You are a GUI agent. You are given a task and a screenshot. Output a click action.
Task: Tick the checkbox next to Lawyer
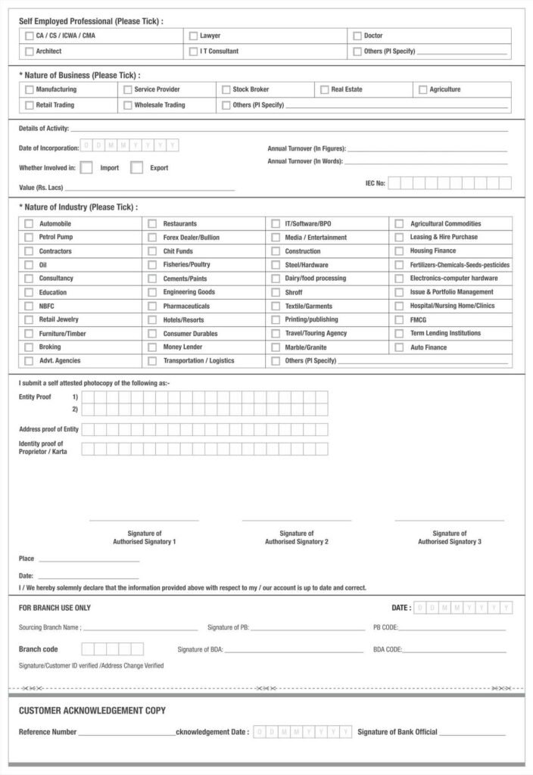(x=193, y=36)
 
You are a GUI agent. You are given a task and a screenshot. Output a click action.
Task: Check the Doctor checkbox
(x=357, y=36)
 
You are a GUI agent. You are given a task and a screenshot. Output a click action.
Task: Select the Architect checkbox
(x=29, y=51)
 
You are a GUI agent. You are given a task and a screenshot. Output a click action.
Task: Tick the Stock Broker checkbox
(x=226, y=89)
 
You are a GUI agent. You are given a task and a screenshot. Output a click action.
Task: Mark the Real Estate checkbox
(x=324, y=89)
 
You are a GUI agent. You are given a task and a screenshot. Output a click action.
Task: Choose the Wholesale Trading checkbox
(x=127, y=105)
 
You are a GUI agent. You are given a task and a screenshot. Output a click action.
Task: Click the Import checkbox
(x=86, y=168)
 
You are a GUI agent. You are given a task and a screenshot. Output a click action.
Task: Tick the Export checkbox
(x=136, y=168)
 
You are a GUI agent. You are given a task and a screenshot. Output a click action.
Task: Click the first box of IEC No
(x=394, y=183)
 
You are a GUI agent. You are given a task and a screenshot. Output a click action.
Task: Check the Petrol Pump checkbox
(x=29, y=238)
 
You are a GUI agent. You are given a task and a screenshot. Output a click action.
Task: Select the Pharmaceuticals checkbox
(x=152, y=307)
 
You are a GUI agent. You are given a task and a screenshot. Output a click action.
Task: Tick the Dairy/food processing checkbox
(x=275, y=279)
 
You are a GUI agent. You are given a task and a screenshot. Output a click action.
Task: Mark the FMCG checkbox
(x=399, y=320)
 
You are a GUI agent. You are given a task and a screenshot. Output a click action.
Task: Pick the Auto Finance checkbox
(x=399, y=347)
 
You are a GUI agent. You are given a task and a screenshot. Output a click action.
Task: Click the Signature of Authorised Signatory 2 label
(x=296, y=537)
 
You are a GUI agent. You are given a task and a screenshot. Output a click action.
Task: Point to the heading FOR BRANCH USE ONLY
(x=55, y=608)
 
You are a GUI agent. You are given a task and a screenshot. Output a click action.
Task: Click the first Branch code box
(x=88, y=649)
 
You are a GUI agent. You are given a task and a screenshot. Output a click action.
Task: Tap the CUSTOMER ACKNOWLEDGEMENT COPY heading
(x=92, y=711)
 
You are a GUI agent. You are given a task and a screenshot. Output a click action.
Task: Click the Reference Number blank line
(x=126, y=733)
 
